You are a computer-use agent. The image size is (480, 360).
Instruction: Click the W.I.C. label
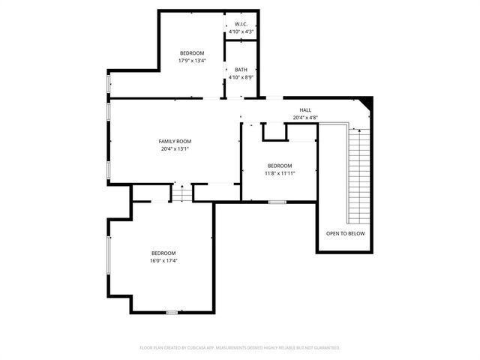(x=241, y=23)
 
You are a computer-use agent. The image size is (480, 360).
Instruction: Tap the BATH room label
(x=241, y=69)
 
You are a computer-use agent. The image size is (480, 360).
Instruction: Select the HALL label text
(x=305, y=109)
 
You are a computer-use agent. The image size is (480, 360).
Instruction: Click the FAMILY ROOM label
(x=175, y=141)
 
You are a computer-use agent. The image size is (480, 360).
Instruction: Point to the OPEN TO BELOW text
(x=345, y=233)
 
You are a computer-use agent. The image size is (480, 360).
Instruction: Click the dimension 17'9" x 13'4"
(x=192, y=61)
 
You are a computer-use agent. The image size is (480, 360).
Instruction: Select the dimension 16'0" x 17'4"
(x=163, y=260)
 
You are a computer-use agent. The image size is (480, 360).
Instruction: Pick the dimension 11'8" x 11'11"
(x=280, y=173)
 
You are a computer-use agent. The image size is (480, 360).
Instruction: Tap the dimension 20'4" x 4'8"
(x=305, y=118)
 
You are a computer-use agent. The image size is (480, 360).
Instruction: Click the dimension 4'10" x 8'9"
(x=241, y=77)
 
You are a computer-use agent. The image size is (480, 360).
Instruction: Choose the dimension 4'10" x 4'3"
(x=241, y=31)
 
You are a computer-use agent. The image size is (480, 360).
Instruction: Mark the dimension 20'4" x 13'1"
(x=175, y=148)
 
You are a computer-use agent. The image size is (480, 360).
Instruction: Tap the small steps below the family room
(x=182, y=193)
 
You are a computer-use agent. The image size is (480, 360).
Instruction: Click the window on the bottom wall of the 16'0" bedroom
(x=172, y=312)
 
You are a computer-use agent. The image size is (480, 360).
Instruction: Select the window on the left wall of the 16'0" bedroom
(x=109, y=259)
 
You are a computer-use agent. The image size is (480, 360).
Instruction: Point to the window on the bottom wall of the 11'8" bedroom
(x=277, y=202)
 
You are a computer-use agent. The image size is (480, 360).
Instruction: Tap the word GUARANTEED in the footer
(x=325, y=348)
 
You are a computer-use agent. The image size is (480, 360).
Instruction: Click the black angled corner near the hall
(x=367, y=103)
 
